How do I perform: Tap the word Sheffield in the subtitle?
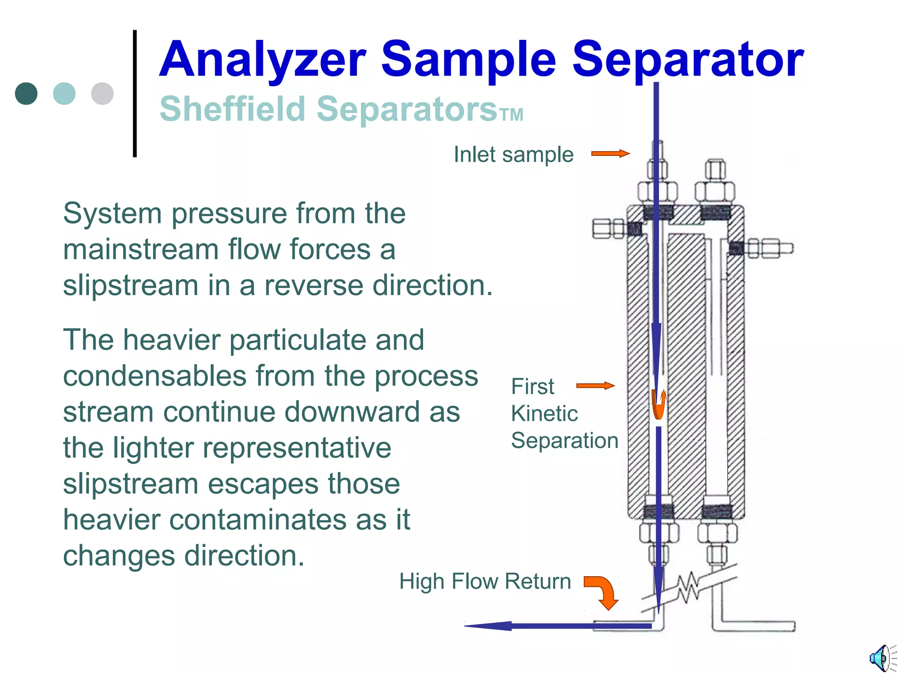pyautogui.click(x=232, y=109)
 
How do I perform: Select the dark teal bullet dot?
pyautogui.click(x=26, y=93)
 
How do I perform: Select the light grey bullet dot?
pyautogui.click(x=102, y=93)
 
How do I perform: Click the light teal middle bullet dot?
pyautogui.click(x=64, y=93)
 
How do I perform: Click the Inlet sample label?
pyautogui.click(x=513, y=154)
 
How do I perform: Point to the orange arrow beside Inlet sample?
pyautogui.click(x=610, y=154)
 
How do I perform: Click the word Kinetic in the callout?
pyautogui.click(x=544, y=413)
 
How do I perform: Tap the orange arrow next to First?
pyautogui.click(x=595, y=386)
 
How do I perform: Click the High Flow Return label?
pyautogui.click(x=485, y=581)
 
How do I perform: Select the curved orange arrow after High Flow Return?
pyautogui.click(x=602, y=592)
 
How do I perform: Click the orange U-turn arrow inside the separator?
pyautogui.click(x=658, y=405)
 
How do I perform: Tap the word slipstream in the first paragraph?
pyautogui.click(x=130, y=285)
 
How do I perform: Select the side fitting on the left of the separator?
pyautogui.click(x=608, y=229)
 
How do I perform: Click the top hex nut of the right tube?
pyautogui.click(x=715, y=169)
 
